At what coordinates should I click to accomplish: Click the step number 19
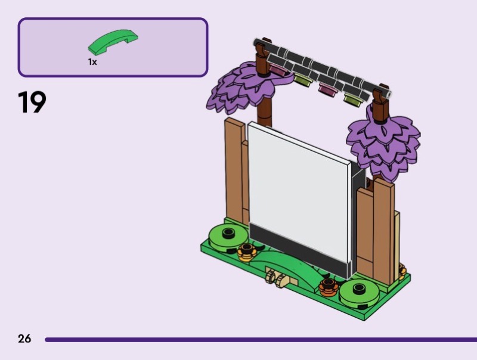(x=32, y=102)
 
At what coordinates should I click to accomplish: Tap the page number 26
(x=24, y=339)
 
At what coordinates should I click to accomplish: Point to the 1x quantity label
(x=92, y=62)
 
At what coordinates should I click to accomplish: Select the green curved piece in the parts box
(x=113, y=41)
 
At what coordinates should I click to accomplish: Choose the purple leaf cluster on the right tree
(x=384, y=146)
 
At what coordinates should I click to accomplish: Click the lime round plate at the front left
(x=228, y=238)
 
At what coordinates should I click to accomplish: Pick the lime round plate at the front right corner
(x=360, y=293)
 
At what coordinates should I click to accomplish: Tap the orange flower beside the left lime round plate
(x=247, y=252)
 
